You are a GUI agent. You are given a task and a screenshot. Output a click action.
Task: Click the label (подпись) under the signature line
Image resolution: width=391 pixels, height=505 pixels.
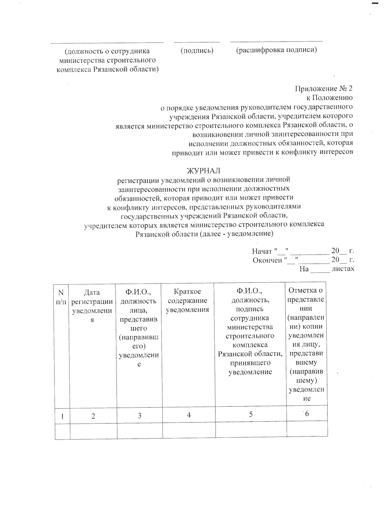197,50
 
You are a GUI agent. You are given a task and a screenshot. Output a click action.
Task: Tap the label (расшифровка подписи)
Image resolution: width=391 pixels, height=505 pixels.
276,50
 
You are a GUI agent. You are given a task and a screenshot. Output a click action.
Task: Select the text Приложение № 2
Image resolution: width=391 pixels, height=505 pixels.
324,88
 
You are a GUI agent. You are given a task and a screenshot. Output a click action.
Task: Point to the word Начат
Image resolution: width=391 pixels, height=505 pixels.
262,251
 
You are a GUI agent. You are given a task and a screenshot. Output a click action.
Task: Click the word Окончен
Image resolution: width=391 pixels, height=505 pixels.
267,260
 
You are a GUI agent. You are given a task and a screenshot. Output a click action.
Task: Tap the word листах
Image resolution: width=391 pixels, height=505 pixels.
343,269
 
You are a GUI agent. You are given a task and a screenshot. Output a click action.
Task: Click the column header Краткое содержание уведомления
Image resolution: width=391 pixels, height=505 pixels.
187,300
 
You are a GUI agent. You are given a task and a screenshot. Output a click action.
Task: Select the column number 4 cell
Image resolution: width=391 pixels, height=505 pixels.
189,415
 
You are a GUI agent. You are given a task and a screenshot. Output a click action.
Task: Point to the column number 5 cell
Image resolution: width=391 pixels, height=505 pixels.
251,414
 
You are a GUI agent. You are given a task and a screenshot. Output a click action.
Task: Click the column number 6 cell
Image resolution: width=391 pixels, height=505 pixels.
307,414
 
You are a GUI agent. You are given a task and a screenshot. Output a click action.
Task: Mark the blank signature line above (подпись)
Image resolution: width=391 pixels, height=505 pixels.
197,42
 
